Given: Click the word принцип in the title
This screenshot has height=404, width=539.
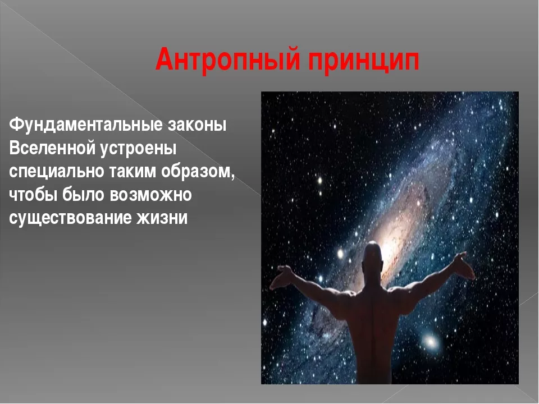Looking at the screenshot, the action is click(x=363, y=62).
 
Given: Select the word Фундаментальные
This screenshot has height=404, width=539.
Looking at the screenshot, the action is click(x=85, y=125).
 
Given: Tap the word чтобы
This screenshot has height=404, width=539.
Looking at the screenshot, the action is click(x=33, y=195).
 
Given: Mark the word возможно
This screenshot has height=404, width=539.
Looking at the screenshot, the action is click(x=151, y=195).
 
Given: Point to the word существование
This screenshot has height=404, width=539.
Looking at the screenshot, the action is click(x=70, y=218).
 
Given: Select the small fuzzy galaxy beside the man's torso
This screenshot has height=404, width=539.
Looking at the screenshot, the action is click(x=430, y=341).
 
